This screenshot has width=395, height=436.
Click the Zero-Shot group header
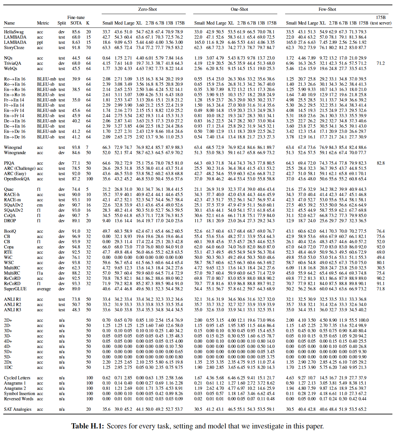(147, 9)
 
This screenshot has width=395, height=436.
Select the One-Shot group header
(239, 9)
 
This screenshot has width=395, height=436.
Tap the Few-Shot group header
(327, 9)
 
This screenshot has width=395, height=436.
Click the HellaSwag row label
(14, 32)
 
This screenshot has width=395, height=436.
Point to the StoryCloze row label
(14, 47)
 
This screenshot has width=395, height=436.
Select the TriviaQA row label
(12, 63)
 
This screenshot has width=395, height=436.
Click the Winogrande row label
(15, 153)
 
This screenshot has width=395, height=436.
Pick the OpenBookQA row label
(17, 179)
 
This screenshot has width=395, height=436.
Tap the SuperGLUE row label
(15, 289)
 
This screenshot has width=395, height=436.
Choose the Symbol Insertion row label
(19, 393)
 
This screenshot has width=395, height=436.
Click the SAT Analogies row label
(18, 409)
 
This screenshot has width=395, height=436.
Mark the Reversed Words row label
(19, 399)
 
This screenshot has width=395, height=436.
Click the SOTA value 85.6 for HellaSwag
(76, 32)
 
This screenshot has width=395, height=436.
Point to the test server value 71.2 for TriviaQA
(381, 63)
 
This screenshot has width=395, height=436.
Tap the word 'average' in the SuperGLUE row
(44, 289)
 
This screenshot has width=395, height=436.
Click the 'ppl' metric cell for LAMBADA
(40, 42)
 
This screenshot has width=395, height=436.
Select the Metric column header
(43, 23)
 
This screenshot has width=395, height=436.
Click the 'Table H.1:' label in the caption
(88, 426)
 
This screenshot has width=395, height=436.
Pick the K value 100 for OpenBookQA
(90, 179)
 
